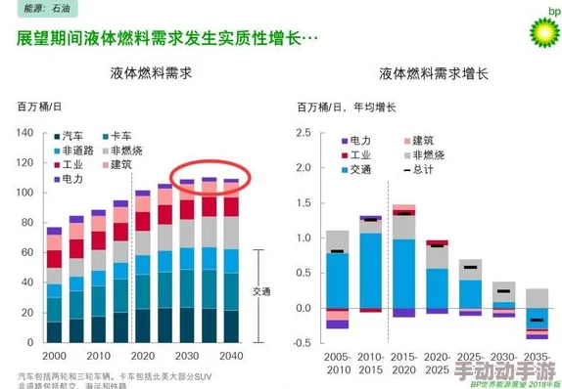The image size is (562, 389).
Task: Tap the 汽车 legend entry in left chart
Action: pos(70,136)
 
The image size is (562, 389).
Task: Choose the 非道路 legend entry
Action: pos(74,151)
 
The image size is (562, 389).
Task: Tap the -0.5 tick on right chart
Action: pos(302,344)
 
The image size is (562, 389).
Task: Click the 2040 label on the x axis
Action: pos(231,356)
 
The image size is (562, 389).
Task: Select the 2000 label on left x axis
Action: pos(55,356)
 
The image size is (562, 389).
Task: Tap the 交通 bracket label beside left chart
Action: pos(261,291)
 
